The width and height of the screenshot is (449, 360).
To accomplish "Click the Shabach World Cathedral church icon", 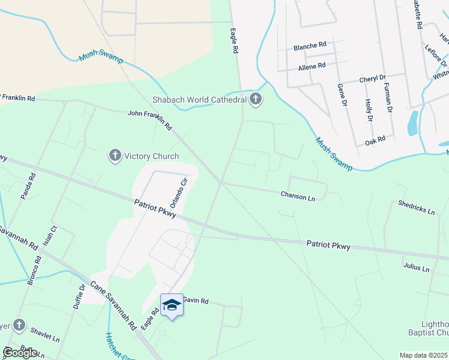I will click(256, 99).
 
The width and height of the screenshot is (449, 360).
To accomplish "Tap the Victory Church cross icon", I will click(115, 156).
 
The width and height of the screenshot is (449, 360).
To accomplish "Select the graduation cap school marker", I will click(172, 305).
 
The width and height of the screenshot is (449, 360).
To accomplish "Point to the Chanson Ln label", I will click(298, 196).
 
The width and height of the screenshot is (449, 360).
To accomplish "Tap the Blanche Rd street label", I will click(310, 45).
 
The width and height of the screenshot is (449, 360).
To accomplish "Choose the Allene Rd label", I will click(312, 65).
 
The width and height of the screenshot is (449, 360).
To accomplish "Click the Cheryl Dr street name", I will click(372, 79).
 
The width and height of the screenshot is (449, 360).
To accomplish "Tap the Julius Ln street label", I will click(417, 268).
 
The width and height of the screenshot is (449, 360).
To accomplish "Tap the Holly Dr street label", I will click(369, 110).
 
